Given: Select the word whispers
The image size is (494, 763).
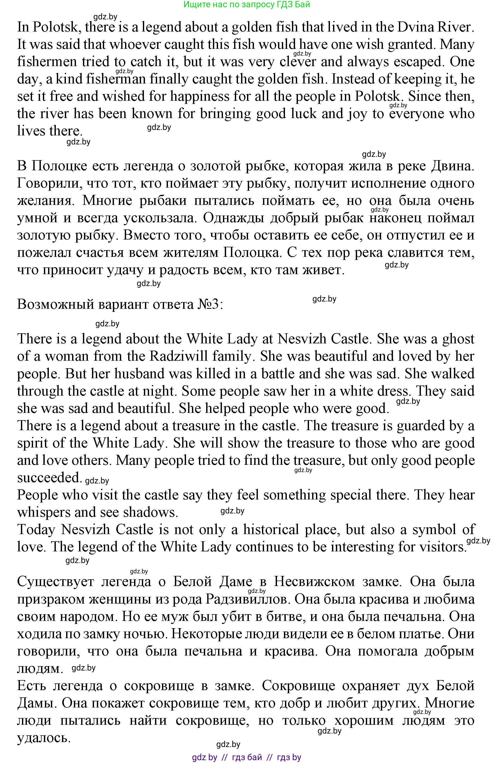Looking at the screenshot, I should click(43, 512).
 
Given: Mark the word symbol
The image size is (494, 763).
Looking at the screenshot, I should click(434, 530).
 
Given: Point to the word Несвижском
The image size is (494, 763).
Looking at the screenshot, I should click(314, 582).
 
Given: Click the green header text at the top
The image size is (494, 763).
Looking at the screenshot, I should click(247, 4).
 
